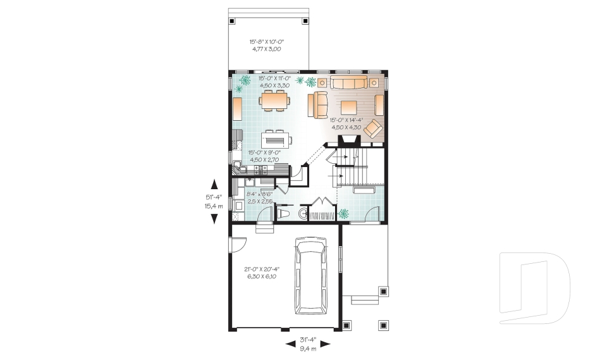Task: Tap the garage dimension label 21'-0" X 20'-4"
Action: click(x=262, y=269)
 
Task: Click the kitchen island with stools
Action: click(x=276, y=138)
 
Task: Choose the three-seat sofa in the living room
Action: click(x=349, y=83)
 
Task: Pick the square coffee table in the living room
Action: click(x=348, y=106)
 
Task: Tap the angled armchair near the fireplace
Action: click(x=373, y=128)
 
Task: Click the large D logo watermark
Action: click(x=534, y=285)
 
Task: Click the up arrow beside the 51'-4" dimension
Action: click(x=214, y=184)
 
